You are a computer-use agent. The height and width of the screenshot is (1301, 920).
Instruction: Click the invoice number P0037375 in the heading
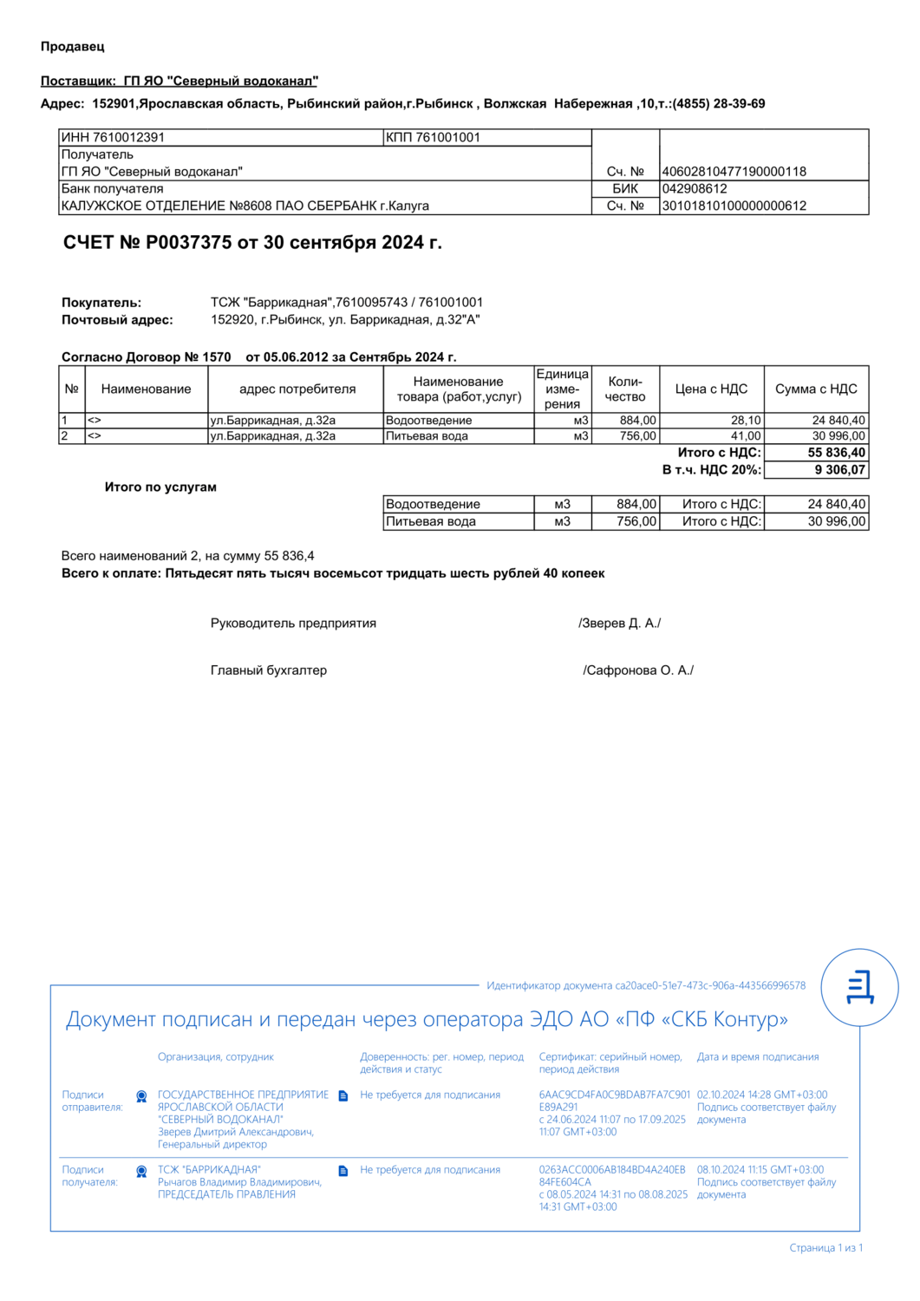click(x=187, y=243)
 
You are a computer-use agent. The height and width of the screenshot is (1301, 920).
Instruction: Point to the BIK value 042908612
click(x=695, y=189)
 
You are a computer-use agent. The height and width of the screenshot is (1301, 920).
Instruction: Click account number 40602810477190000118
click(x=734, y=172)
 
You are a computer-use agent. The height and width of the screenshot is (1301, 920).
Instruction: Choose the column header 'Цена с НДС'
click(x=711, y=389)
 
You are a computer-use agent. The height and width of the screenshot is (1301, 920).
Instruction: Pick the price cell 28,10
click(x=745, y=421)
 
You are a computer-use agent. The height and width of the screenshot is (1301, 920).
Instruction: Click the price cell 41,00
click(x=745, y=436)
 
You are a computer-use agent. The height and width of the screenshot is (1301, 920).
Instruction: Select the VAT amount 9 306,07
click(x=839, y=470)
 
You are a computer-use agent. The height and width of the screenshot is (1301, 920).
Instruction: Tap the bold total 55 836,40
click(x=836, y=453)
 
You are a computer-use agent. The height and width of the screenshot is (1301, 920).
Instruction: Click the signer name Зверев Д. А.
click(x=619, y=624)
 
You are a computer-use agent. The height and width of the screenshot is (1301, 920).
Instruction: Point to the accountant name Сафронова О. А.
click(x=638, y=670)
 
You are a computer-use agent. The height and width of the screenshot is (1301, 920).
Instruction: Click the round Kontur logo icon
click(x=859, y=988)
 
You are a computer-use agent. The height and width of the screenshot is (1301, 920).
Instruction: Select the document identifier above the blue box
click(x=646, y=986)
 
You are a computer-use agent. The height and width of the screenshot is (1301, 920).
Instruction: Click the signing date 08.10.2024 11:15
click(x=760, y=1170)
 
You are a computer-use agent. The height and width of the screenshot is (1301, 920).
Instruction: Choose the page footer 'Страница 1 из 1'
click(x=825, y=1248)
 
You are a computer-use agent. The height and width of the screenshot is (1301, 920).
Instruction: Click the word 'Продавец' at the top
click(x=73, y=47)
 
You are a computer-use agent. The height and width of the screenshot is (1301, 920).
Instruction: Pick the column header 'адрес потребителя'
click(x=297, y=389)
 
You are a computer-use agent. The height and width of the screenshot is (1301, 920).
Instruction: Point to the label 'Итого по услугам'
click(x=160, y=487)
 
